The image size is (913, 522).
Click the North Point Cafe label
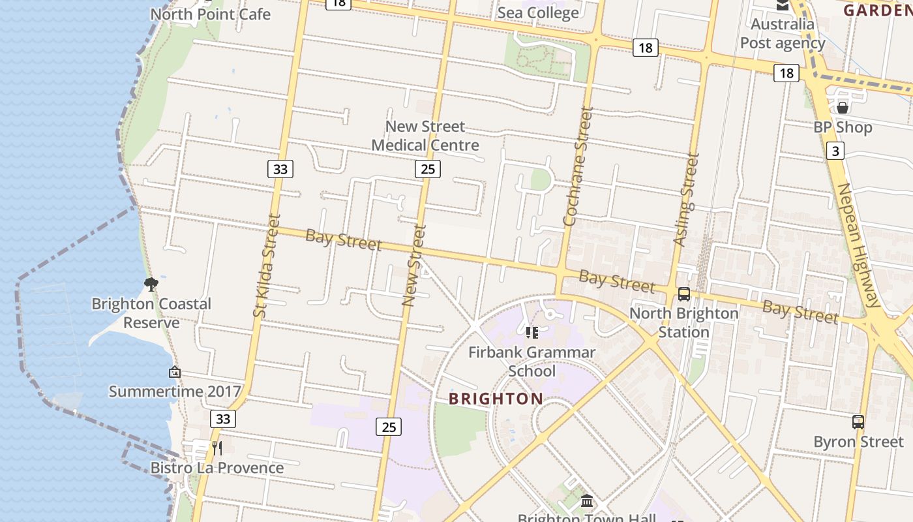pos(210,14)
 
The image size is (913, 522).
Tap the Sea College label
pos(538,12)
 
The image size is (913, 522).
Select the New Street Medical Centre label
pos(425,136)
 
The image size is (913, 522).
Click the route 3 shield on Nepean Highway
pos(835,151)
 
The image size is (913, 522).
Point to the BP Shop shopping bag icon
pos(842,108)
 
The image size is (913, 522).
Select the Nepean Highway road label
pos(860,245)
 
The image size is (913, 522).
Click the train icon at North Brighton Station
pos(683,294)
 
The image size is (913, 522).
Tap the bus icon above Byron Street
pos(858,422)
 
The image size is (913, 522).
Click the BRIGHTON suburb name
pos(496,399)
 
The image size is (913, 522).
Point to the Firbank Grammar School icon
pos(532,333)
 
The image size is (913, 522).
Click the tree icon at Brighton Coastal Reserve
pos(151,284)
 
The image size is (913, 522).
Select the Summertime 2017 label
pos(175,391)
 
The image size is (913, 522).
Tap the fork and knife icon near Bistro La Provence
pos(217,448)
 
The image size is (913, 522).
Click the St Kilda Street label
pos(267,266)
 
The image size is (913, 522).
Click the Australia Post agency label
pos(783,34)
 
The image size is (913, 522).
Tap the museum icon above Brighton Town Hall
pos(587,501)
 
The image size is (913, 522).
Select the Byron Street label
pos(858,442)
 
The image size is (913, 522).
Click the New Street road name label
pos(414,266)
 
